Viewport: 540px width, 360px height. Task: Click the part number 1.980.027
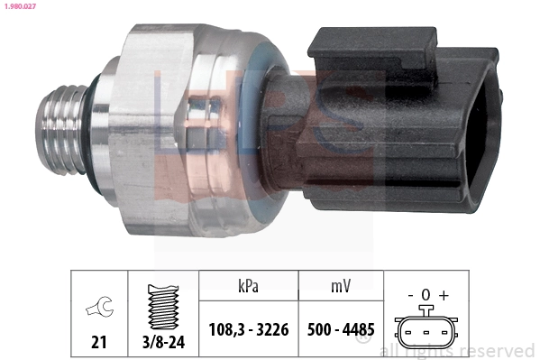(x=20, y=6)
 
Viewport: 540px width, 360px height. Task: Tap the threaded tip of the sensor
(x=62, y=129)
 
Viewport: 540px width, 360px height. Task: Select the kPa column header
(x=248, y=285)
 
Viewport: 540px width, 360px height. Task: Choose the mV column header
(x=341, y=285)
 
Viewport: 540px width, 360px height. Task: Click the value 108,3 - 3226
(x=249, y=329)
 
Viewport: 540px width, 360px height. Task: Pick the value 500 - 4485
(x=341, y=329)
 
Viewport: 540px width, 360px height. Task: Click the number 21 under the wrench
(x=99, y=342)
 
